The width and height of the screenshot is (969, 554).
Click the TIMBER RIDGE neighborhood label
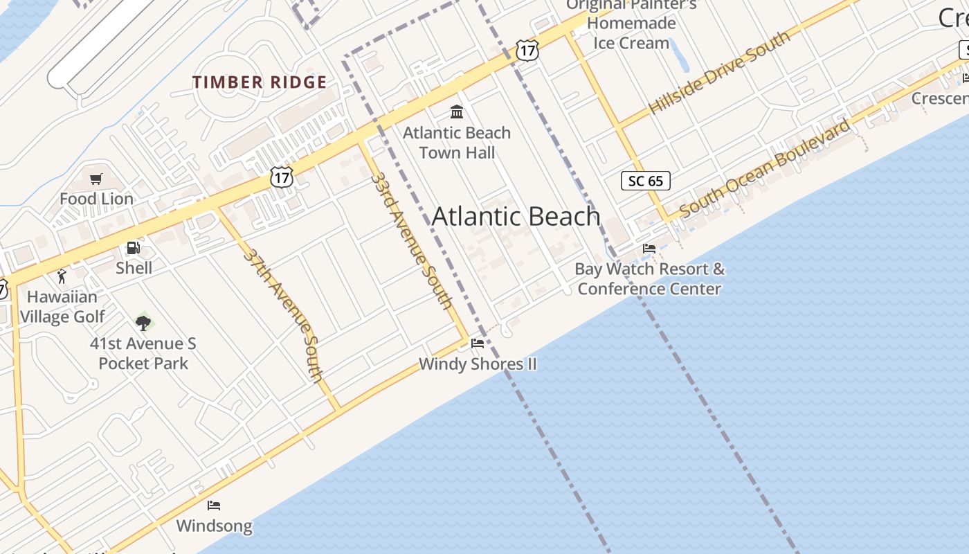point(259,82)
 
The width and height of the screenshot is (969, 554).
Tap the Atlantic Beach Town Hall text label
point(457,142)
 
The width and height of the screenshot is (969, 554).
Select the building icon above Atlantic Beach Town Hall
point(457,111)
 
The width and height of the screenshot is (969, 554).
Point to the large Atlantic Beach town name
point(516,217)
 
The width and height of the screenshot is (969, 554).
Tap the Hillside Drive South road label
point(719,73)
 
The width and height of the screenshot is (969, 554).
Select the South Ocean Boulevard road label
point(765,169)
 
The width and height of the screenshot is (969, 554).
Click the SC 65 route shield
point(646,181)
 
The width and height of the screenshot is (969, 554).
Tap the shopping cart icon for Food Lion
point(96,179)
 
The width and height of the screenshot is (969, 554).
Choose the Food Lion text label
point(96,199)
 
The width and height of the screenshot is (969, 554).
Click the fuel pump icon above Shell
point(134,248)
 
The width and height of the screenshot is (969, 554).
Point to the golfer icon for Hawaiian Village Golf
point(62,276)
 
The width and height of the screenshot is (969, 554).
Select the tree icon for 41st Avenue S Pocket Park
point(143,322)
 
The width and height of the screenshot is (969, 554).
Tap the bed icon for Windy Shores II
point(478,343)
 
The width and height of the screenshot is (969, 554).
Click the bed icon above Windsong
point(214,506)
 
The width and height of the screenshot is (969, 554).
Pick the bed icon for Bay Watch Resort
point(649,249)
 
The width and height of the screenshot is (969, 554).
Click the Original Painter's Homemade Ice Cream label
point(631,24)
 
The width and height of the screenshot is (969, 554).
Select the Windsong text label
point(214,526)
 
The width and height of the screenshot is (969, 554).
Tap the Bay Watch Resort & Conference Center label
point(649,278)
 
